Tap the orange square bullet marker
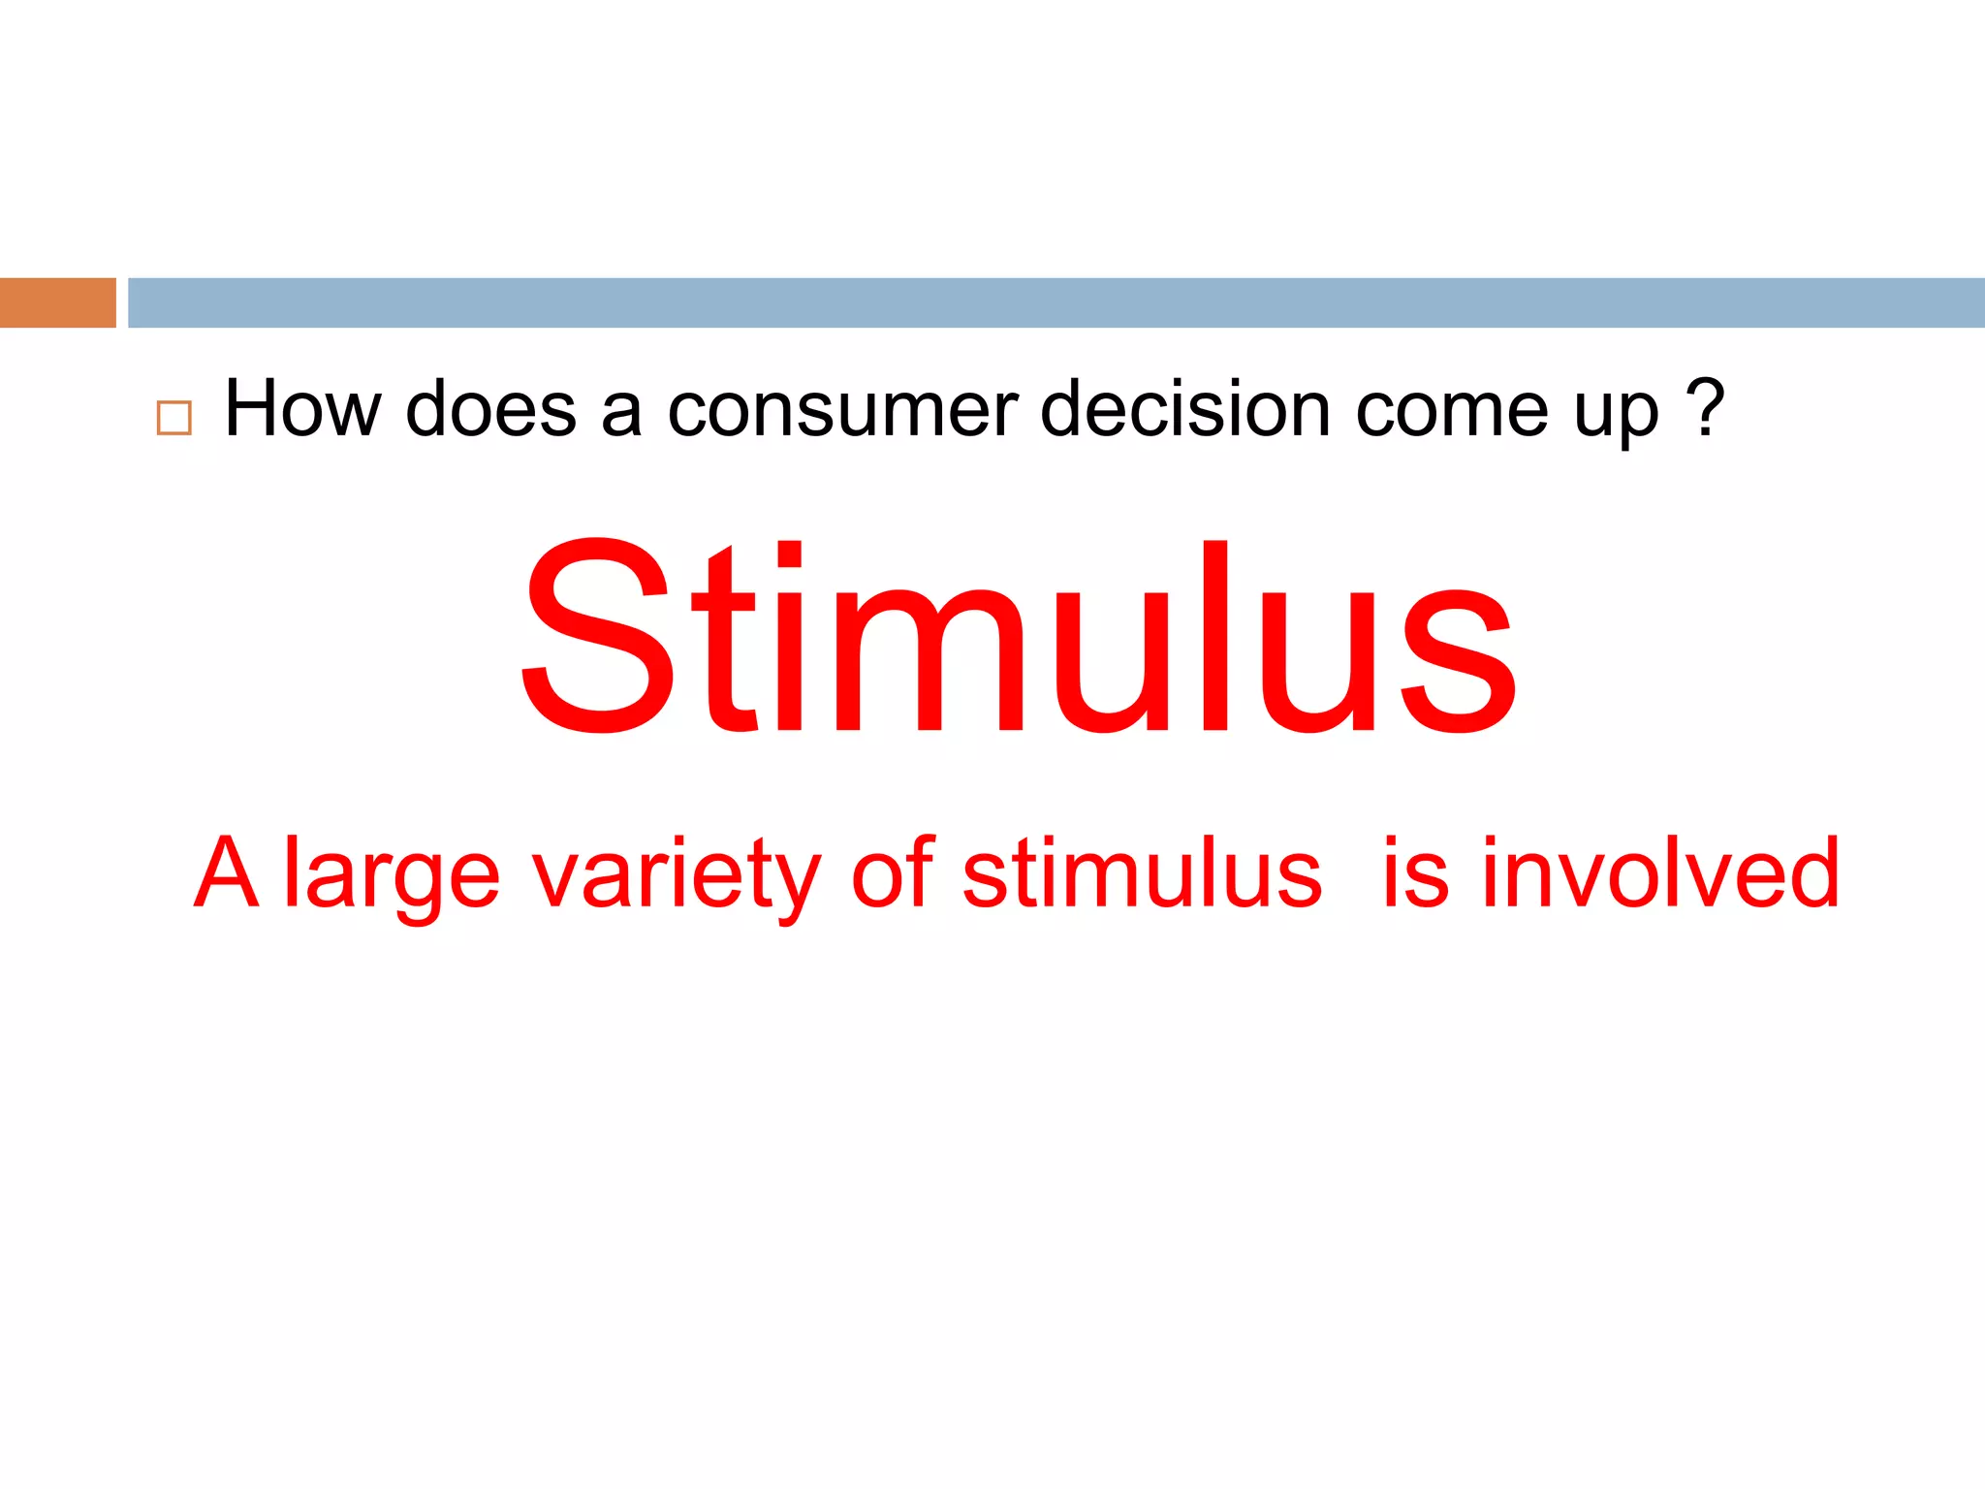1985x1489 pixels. tap(174, 418)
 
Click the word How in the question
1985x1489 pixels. tap(302, 409)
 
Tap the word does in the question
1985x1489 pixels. tap(490, 409)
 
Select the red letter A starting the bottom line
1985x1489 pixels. tap(227, 872)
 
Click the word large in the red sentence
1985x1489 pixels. tap(392, 877)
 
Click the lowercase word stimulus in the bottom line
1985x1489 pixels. tap(1142, 872)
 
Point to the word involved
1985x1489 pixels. tap(1660, 872)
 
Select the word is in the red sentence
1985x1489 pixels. tap(1415, 872)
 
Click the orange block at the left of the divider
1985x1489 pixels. tap(57, 302)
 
